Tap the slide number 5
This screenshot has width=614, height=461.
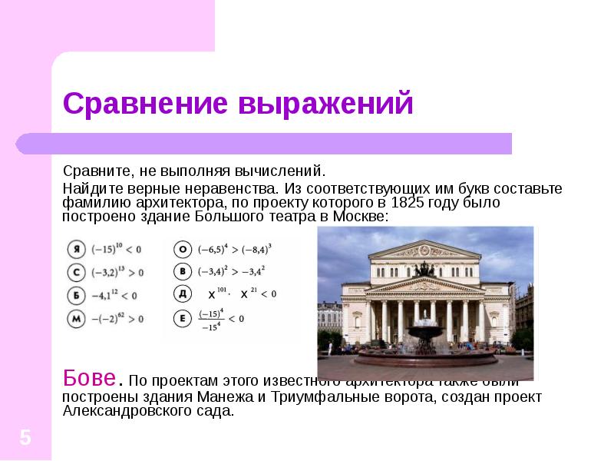[x=25, y=438]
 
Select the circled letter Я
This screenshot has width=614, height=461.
[x=75, y=249]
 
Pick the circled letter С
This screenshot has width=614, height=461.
[x=75, y=272]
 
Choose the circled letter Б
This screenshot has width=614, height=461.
[x=75, y=295]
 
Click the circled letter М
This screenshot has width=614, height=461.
[x=75, y=318]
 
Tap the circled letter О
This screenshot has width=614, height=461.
[x=183, y=249]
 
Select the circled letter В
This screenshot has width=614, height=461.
[x=183, y=270]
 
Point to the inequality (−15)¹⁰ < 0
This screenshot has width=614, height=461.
[x=116, y=249]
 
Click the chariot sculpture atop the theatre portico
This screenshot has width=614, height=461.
[x=422, y=267]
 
